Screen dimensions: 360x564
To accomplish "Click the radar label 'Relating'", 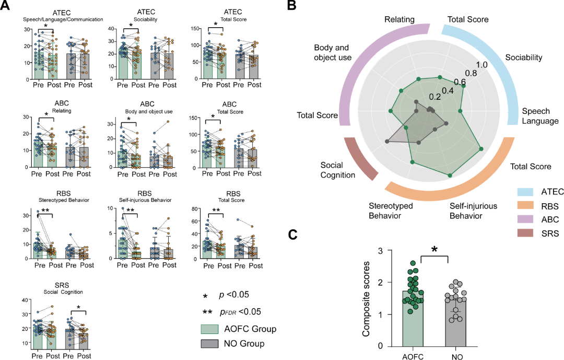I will [399, 19].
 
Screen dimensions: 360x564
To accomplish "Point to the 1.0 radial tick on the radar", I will [482, 65].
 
